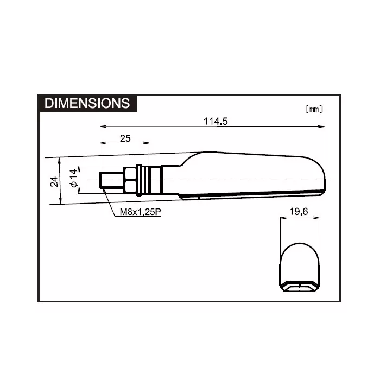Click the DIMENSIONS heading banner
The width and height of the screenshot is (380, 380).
pyautogui.click(x=87, y=103)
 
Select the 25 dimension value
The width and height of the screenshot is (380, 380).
pyautogui.click(x=125, y=138)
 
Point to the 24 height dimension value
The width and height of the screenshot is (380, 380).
pyautogui.click(x=54, y=181)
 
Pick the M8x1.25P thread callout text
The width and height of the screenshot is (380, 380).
pyautogui.click(x=138, y=212)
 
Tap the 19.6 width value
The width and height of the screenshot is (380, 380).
pyautogui.click(x=298, y=212)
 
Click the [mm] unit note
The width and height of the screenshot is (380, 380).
pyautogui.click(x=313, y=109)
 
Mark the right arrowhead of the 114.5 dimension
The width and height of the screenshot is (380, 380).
pyautogui.click(x=323, y=128)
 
